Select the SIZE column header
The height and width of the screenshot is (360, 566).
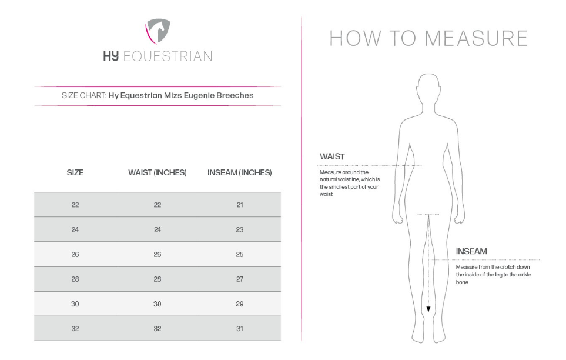[x=75, y=173]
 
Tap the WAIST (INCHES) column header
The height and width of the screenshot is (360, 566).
[x=158, y=173]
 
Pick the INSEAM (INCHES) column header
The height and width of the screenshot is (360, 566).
[x=240, y=173]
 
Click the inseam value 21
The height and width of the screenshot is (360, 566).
[x=240, y=205]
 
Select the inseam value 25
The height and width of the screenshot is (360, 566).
[x=240, y=255]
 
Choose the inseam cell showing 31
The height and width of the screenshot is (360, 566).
[x=240, y=329]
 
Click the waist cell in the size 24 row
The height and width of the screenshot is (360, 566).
[x=158, y=230]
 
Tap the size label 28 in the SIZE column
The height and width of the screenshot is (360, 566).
[x=75, y=279]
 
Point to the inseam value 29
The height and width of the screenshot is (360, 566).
[x=240, y=304]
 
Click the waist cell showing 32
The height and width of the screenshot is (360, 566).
[x=158, y=329]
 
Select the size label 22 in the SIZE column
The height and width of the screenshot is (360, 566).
[x=75, y=205]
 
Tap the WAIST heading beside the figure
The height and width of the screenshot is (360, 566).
[x=332, y=157]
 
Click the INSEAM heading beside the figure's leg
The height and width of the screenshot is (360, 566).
[x=471, y=251]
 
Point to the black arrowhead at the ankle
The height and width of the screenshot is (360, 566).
[x=428, y=309]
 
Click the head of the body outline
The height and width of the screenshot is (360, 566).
[x=428, y=88]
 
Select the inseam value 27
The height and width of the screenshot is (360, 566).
[x=240, y=279]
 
